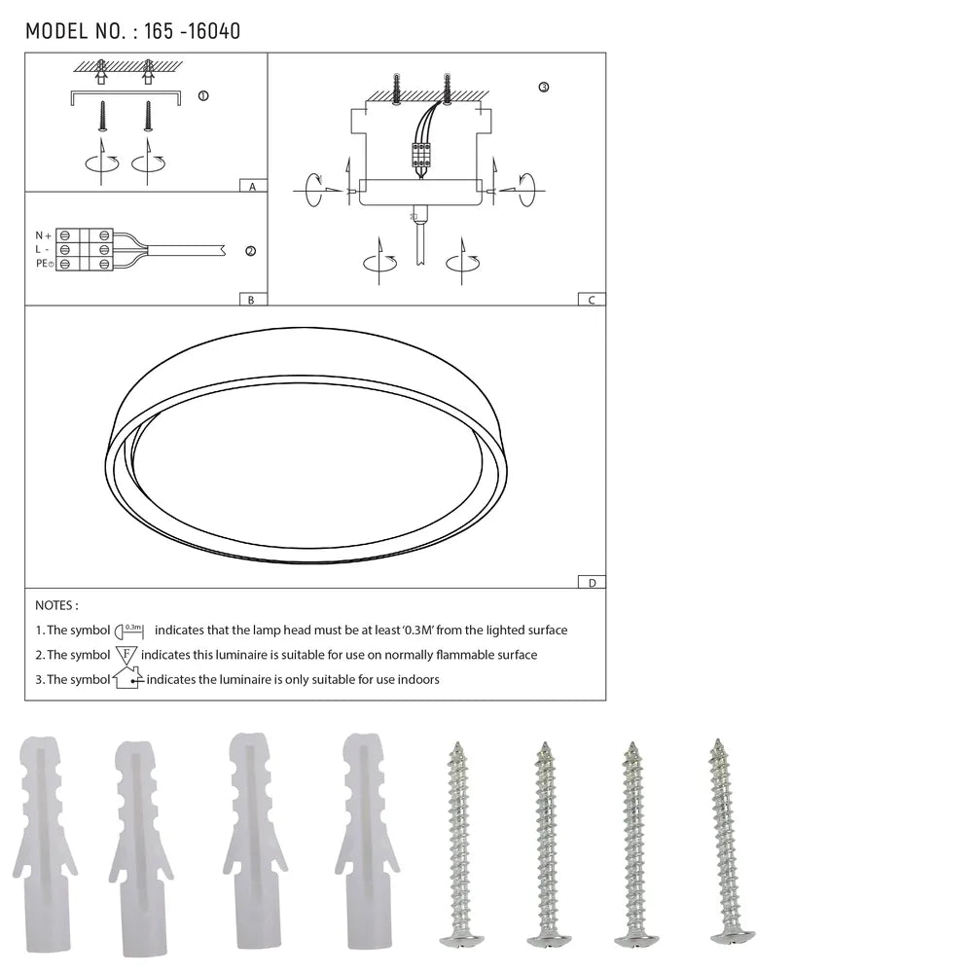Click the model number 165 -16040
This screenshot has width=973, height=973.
point(192,31)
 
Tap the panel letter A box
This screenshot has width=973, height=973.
point(252,185)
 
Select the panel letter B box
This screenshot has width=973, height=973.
point(251,299)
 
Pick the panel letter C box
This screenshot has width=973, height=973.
point(591,299)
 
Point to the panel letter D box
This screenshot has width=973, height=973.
point(591,582)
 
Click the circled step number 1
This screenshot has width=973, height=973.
point(202,96)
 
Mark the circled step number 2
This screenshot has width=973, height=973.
point(250,251)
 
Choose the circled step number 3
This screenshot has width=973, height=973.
point(543,88)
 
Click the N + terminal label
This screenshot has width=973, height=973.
point(43,235)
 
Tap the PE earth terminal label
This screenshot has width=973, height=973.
point(43,264)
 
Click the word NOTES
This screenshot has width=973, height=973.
point(56,605)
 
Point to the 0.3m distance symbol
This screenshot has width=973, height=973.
point(130,631)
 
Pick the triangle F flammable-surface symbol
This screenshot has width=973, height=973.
point(126,655)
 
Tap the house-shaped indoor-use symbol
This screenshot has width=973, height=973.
point(126,678)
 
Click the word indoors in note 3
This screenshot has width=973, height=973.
point(418,679)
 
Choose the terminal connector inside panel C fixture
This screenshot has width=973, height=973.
point(422,155)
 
